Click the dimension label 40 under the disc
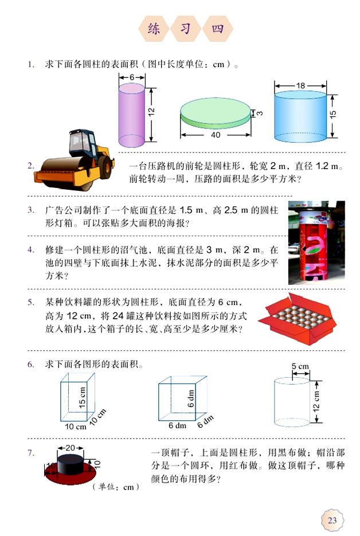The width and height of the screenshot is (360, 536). tap(216, 135)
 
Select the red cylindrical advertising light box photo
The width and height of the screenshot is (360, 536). tap(316, 242)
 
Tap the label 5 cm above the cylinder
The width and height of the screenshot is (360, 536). tap(300, 366)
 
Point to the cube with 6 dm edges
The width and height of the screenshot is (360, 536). tap(180, 399)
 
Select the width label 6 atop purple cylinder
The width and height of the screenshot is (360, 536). tap(131, 77)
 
